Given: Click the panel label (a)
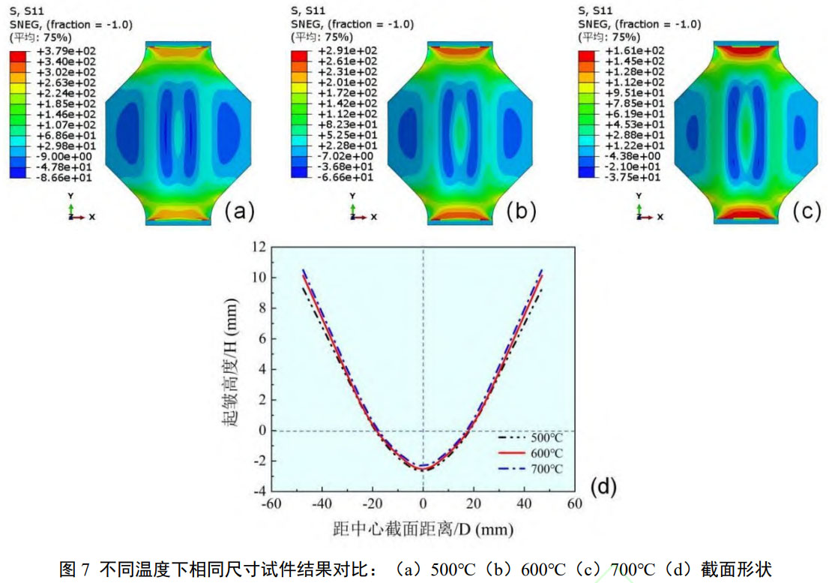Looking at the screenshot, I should click(x=239, y=212).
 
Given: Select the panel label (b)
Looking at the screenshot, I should click(x=521, y=212).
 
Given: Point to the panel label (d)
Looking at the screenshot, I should click(x=603, y=488).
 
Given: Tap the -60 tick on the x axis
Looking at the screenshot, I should click(x=272, y=504).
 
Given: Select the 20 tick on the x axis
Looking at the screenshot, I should click(x=474, y=504).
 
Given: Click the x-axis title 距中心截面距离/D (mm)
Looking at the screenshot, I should click(x=423, y=529).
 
